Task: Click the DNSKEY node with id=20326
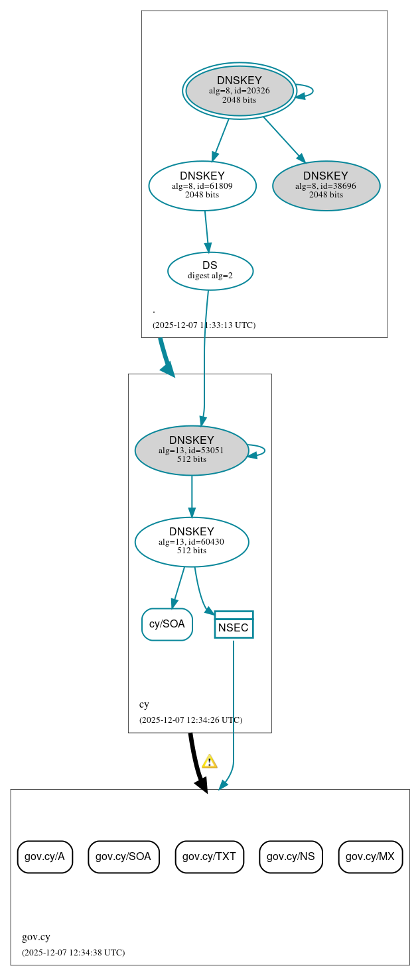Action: (x=240, y=91)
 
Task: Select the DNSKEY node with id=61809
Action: (x=202, y=186)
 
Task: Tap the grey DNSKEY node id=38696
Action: (x=326, y=186)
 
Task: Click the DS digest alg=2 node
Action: (x=210, y=271)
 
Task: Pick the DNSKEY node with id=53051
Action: (x=191, y=451)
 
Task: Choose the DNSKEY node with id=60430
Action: (x=191, y=542)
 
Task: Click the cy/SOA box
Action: (x=167, y=624)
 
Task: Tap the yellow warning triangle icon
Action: (x=210, y=761)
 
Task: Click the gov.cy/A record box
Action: (x=44, y=857)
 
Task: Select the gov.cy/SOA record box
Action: (x=123, y=857)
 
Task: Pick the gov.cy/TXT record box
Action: (x=209, y=857)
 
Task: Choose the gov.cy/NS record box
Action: (x=291, y=857)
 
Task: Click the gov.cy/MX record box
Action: (x=370, y=857)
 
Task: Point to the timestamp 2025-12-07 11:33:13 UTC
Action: (x=204, y=325)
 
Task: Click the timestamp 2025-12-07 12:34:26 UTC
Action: (x=190, y=720)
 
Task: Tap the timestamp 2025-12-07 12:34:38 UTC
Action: (x=73, y=953)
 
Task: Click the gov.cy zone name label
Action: (x=36, y=937)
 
